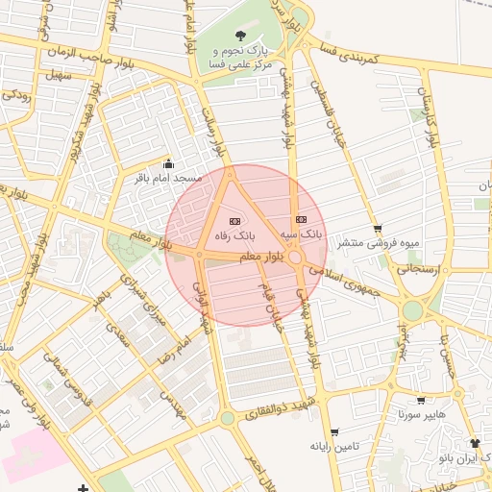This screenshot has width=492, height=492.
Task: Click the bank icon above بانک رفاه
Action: (236, 221)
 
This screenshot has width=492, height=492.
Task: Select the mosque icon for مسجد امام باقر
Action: (170, 163)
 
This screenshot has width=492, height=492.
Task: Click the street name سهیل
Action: (57, 74)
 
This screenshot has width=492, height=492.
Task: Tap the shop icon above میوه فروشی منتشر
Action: (378, 229)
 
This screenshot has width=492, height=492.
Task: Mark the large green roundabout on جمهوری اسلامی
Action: (413, 310)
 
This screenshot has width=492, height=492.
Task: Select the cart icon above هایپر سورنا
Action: (421, 401)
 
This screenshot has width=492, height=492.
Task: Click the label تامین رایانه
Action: (333, 447)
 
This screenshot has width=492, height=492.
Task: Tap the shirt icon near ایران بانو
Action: (474, 443)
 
